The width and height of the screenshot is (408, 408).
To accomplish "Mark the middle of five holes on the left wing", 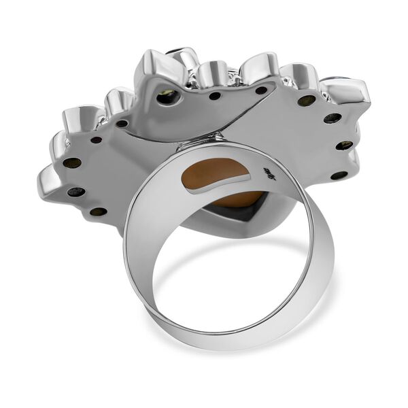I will (73, 163).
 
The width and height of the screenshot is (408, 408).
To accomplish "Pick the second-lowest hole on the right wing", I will (345, 145).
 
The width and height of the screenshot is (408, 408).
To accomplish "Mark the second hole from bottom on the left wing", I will (76, 192).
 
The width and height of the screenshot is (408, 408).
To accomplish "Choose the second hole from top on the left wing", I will (96, 140).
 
